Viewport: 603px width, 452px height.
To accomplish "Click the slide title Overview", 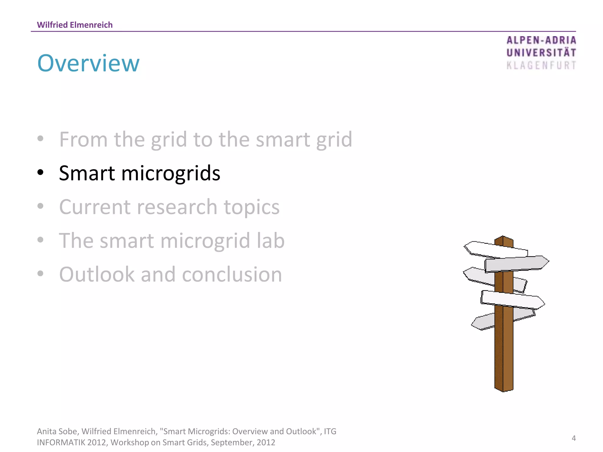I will tap(88, 63).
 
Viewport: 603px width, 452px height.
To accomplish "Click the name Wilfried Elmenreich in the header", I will tap(75, 25).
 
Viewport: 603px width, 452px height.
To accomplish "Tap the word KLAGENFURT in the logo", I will tap(541, 65).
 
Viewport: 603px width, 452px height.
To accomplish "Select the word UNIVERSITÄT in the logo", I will tap(541, 53).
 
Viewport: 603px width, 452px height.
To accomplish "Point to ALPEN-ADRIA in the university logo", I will tap(541, 40).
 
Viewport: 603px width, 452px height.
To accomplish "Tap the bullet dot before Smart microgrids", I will tap(41, 172).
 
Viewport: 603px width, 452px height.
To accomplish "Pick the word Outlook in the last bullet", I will tap(97, 274).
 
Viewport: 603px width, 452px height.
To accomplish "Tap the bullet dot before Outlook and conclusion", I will tap(41, 273).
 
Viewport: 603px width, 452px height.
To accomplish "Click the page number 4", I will tap(574, 438).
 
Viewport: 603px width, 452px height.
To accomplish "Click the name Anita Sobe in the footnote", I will tap(57, 431).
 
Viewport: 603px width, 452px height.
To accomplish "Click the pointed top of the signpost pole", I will tap(503, 237).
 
